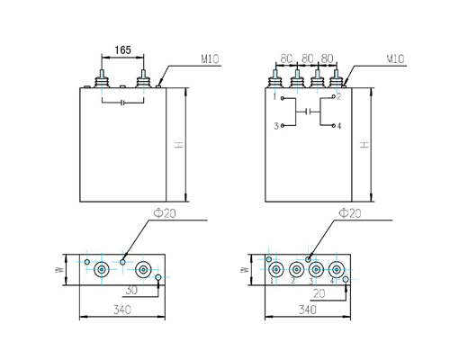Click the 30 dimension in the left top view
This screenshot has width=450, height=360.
coord(131,291)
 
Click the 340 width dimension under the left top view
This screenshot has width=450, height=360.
coord(121,310)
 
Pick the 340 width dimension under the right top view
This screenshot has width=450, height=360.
coord(307,310)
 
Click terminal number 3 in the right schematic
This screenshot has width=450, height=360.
coord(276,125)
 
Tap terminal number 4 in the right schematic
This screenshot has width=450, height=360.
coord(339,125)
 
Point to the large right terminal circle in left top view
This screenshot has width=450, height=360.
coord(143,268)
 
